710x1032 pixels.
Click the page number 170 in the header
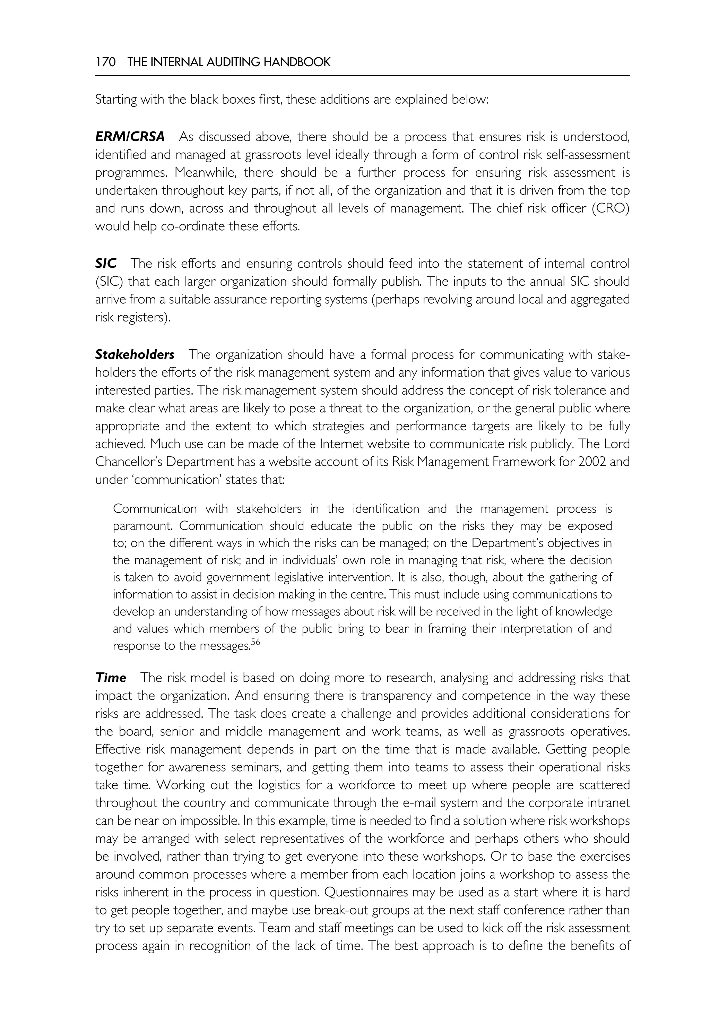pyautogui.click(x=105, y=62)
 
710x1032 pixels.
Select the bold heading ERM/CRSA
pyautogui.click(x=130, y=137)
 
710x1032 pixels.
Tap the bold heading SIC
pyautogui.click(x=105, y=264)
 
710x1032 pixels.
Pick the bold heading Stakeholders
pyautogui.click(x=135, y=355)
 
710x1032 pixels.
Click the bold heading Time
pyautogui.click(x=111, y=678)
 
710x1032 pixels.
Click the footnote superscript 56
pyautogui.click(x=255, y=642)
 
